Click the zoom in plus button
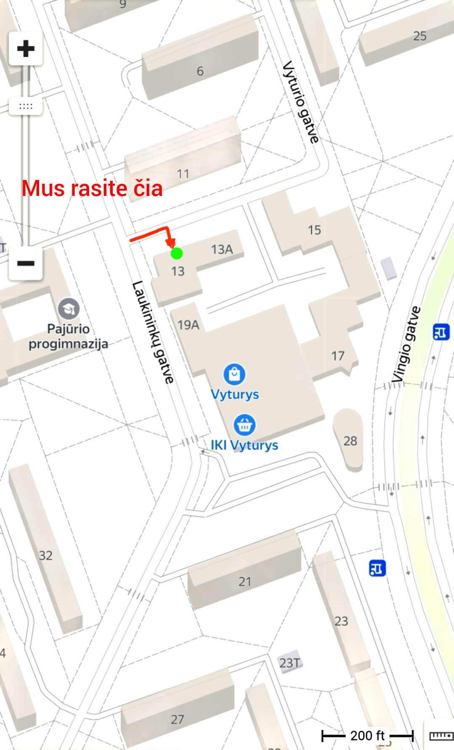point(26,48)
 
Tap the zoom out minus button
point(26,264)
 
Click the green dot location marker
point(177,253)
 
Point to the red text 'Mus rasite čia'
point(92,188)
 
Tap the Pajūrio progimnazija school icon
point(69,309)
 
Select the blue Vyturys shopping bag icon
point(235,374)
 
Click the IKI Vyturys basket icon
point(244,425)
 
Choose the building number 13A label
point(222,250)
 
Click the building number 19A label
point(188,325)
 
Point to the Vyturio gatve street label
point(301,102)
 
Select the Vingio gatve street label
point(406,345)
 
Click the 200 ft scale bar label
point(367,735)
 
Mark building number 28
point(350,441)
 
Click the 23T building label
point(290,663)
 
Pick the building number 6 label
point(200,71)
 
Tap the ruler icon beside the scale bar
point(441,736)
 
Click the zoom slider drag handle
point(26,106)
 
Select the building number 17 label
point(338,356)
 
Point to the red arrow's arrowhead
point(171,243)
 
